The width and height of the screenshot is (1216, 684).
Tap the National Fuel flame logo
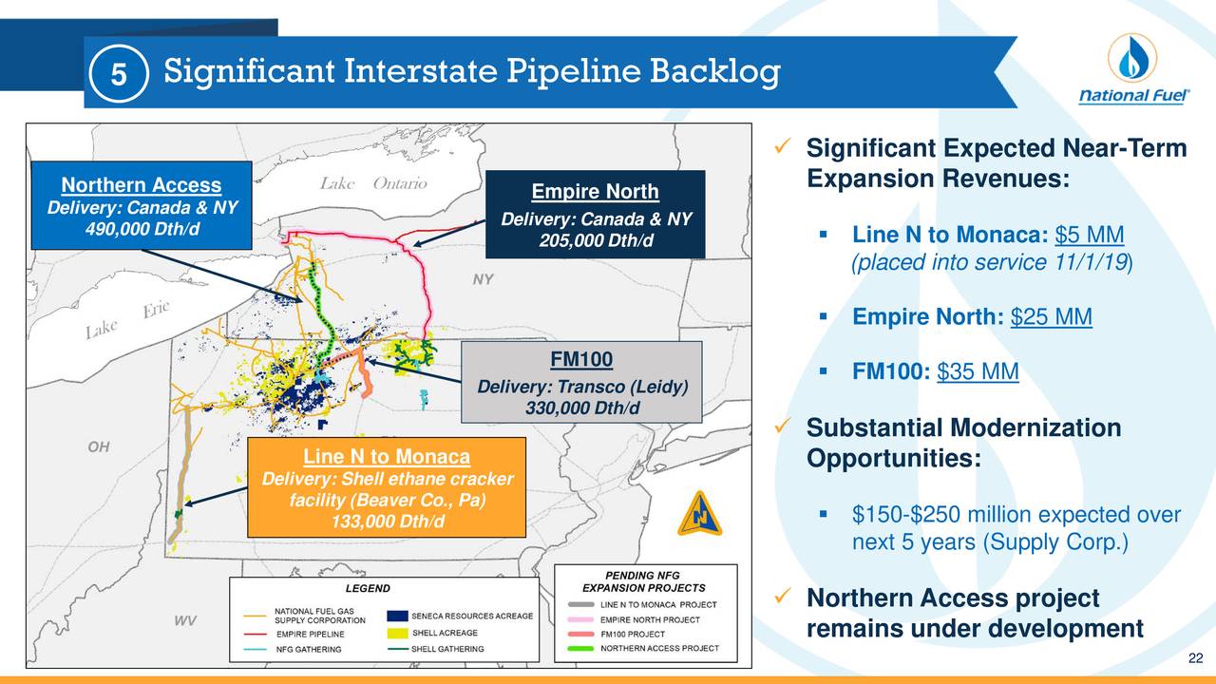[1130, 59]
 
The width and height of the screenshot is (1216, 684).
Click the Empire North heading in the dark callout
[595, 193]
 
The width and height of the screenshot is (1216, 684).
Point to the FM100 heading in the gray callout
[581, 358]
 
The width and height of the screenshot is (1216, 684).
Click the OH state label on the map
[98, 446]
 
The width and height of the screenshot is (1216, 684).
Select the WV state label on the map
[186, 621]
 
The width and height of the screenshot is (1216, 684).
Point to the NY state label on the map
[483, 279]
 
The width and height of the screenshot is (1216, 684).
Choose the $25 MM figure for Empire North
[1052, 316]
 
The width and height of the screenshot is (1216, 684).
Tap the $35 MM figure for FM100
[978, 372]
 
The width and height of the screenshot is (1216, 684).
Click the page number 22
[1196, 661]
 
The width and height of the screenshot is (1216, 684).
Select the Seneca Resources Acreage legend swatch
[398, 617]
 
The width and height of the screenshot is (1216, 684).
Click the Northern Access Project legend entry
[658, 650]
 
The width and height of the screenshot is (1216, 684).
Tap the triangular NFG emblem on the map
[699, 513]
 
